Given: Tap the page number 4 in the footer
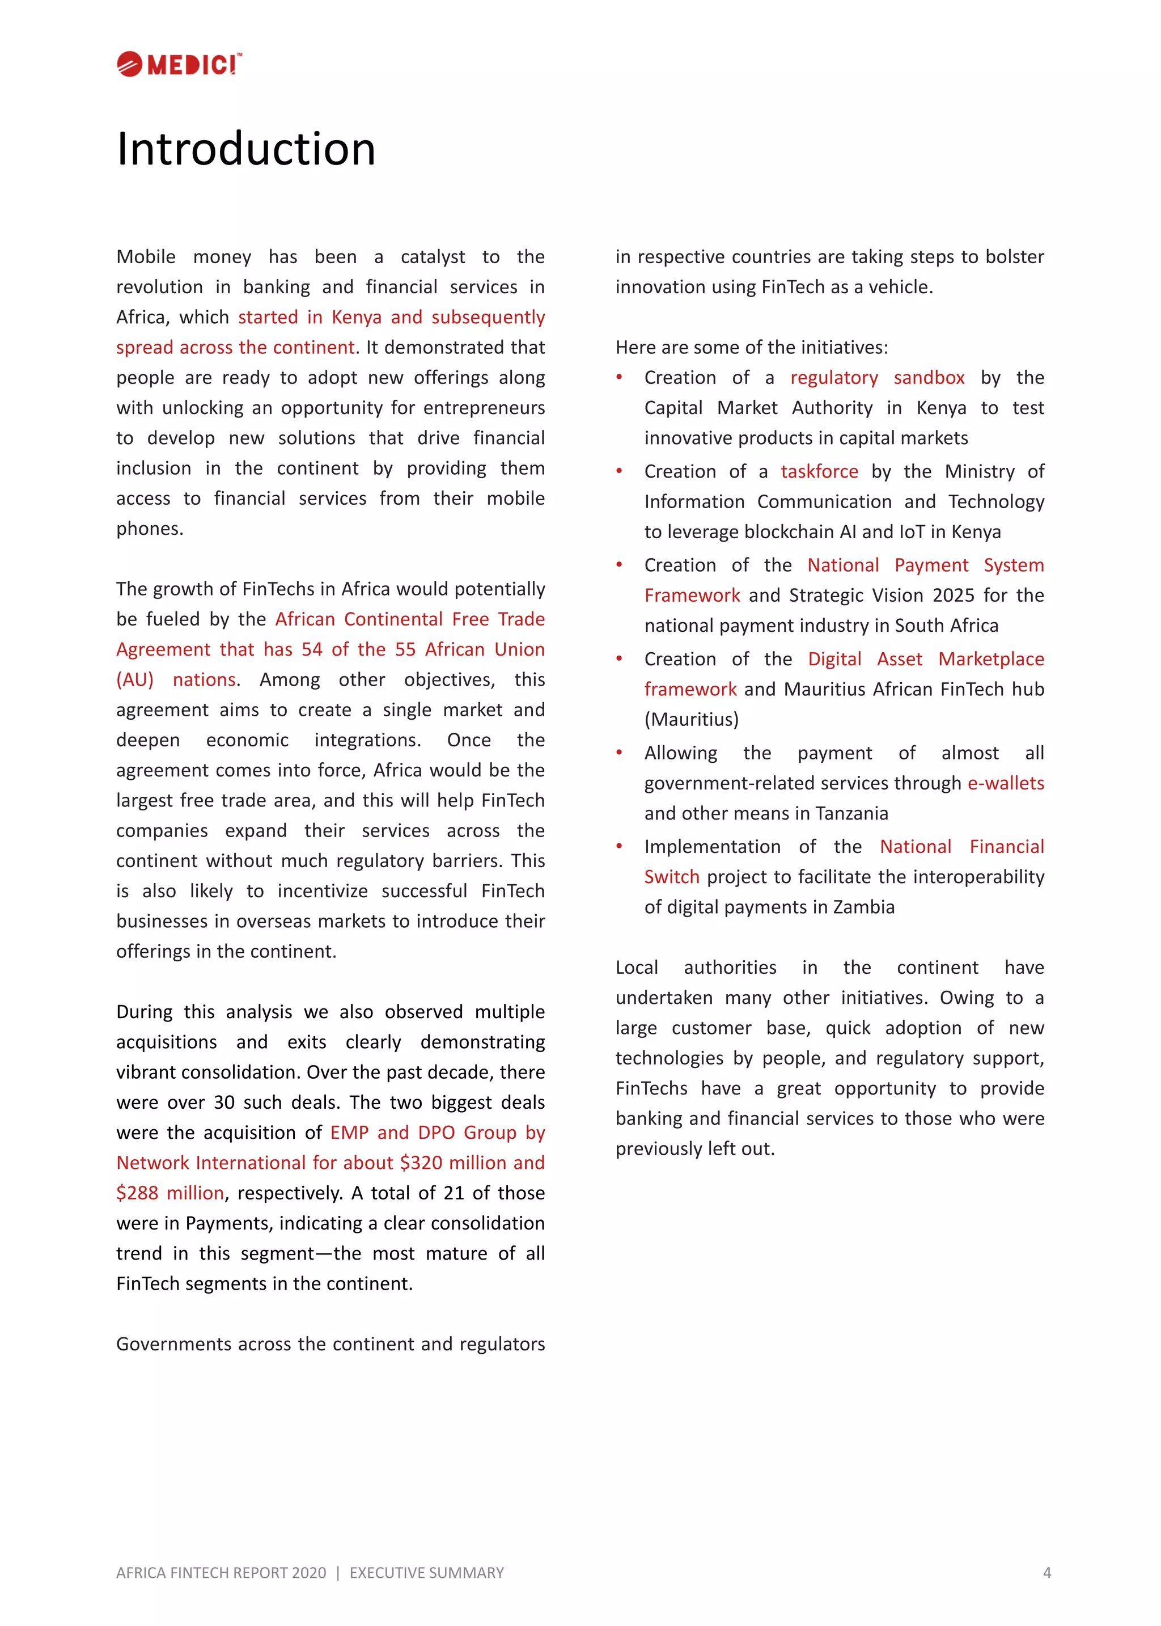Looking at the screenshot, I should coord(1046,1572).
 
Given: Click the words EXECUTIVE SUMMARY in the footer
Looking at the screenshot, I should coord(426,1572).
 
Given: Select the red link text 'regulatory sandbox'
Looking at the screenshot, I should coord(876,378).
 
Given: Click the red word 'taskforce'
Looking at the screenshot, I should coord(819,471).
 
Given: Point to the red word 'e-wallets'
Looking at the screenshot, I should coord(1005,783).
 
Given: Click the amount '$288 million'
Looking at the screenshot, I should coord(170,1193).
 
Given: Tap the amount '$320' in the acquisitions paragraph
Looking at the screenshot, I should coord(421,1163).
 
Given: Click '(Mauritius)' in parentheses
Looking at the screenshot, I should coord(691,719).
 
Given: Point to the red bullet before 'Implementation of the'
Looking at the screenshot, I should coord(619,846).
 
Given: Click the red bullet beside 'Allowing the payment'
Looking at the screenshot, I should coord(619,752).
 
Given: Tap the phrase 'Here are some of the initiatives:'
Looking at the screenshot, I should coord(751,348).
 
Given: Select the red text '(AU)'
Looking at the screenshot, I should coord(135,679).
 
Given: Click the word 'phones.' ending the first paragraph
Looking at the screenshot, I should coord(150,529).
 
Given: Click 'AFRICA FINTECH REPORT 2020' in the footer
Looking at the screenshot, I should coord(221,1572).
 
